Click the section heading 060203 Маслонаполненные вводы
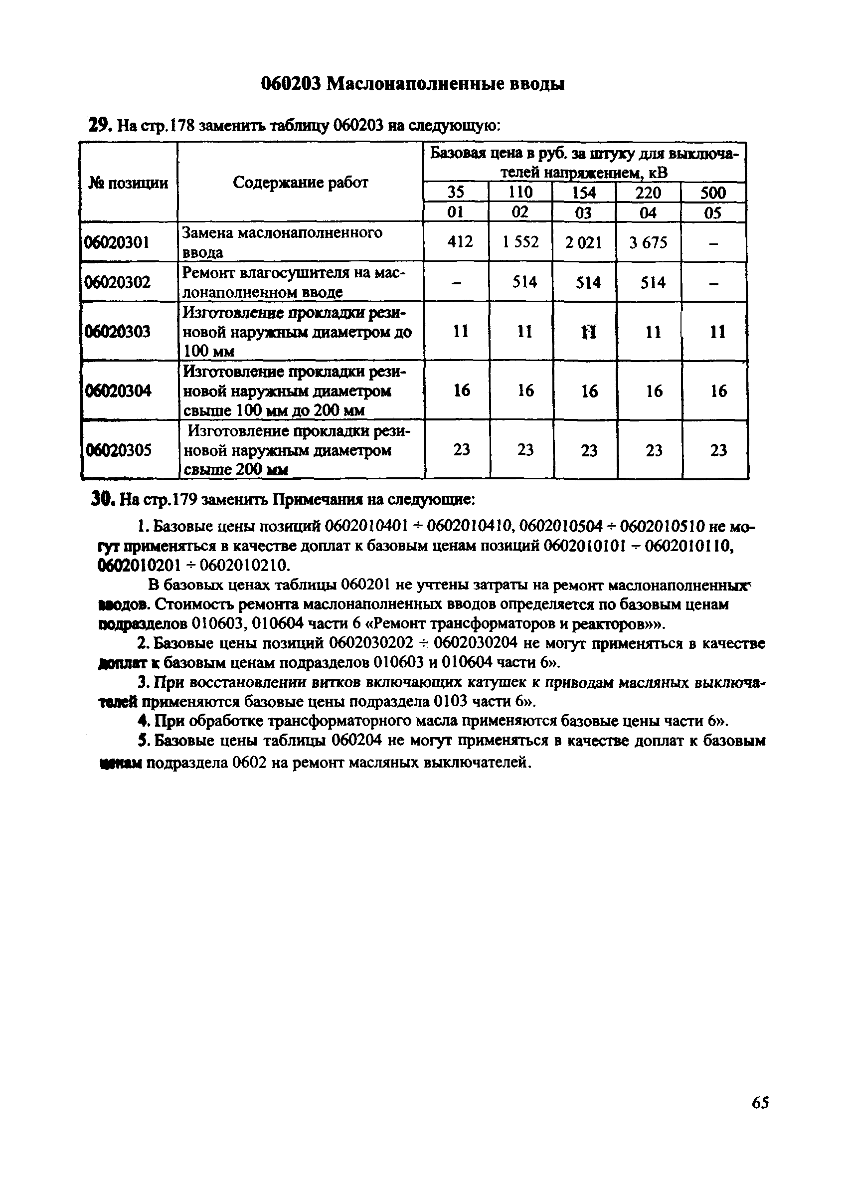[412, 84]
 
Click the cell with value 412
[460, 241]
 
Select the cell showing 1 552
[520, 242]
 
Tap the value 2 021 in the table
[584, 242]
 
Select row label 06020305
[118, 450]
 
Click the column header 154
[584, 193]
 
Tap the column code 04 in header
[648, 212]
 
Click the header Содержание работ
[300, 183]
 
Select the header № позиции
[128, 183]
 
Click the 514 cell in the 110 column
[524, 282]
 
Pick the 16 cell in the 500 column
[718, 391]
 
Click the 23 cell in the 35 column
[461, 450]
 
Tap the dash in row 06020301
[713, 242]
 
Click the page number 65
[760, 1117]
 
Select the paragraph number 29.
[99, 126]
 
